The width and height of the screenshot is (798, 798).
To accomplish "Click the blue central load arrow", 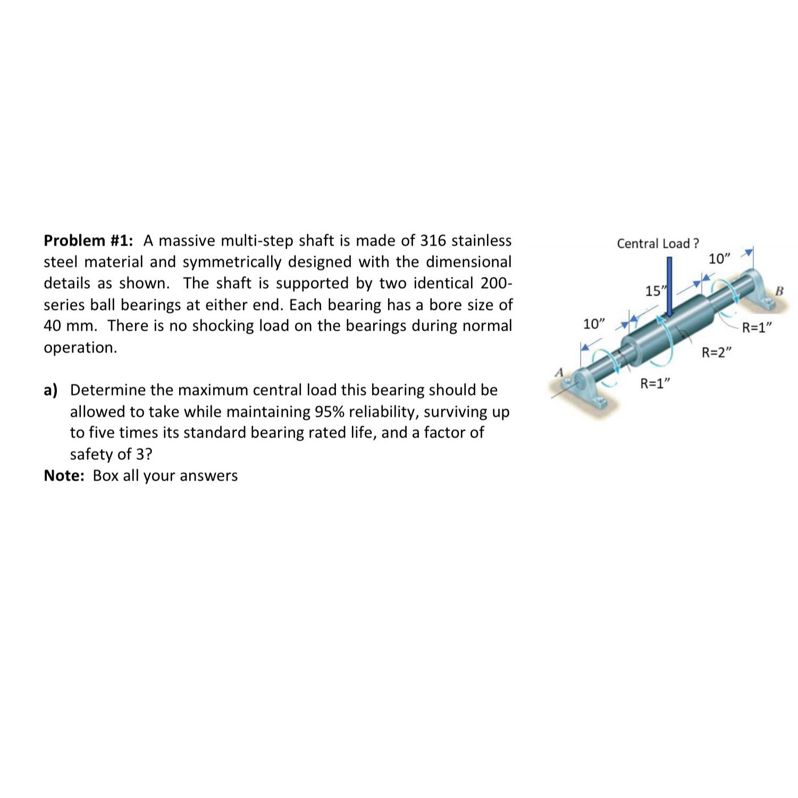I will [670, 287].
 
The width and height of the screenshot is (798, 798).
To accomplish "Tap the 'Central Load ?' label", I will [658, 243].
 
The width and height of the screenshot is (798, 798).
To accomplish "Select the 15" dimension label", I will [653, 291].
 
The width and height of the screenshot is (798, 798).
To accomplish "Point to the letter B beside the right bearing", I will [780, 291].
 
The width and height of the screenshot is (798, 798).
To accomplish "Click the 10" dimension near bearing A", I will [594, 324].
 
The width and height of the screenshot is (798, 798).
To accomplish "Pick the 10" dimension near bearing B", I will [720, 259].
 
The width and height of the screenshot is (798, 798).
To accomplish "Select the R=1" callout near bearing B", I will [757, 327].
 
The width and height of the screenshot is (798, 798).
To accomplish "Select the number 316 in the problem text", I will [434, 241].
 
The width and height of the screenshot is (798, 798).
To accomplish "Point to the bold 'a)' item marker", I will [51, 390].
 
